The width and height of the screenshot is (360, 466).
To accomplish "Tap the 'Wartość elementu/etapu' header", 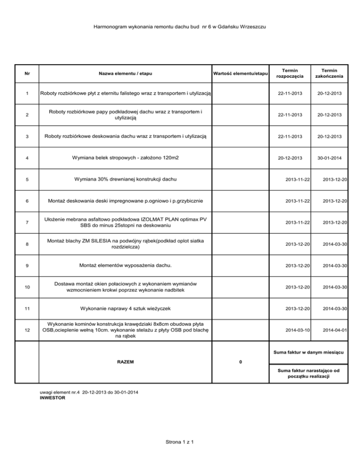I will pyautogui.click(x=240, y=73).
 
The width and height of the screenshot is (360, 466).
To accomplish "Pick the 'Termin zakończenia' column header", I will pyautogui.click(x=329, y=73).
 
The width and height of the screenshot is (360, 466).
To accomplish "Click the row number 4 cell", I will pyautogui.click(x=27, y=158).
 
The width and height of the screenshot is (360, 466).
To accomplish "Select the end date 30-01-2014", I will pyautogui.click(x=329, y=158).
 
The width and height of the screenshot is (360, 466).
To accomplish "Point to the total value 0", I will pyautogui.click(x=240, y=362).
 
